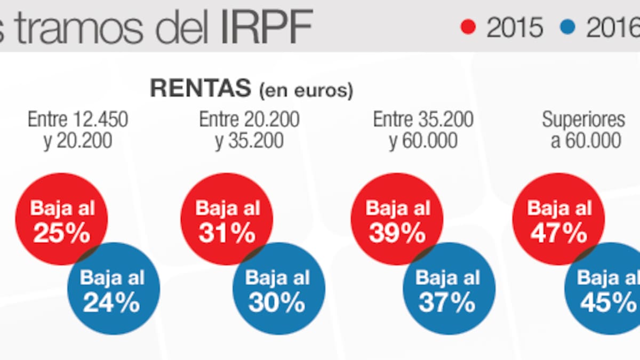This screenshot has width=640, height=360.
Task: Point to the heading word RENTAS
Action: point(201,89)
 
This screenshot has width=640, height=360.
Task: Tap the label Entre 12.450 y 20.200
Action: point(78,130)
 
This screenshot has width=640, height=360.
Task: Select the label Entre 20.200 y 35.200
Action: point(249,130)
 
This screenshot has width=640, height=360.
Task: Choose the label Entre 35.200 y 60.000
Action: point(423,130)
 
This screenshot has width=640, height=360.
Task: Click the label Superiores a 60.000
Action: point(583,130)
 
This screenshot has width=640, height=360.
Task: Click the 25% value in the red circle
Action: point(62,233)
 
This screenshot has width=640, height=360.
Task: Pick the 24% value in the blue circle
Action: point(111,303)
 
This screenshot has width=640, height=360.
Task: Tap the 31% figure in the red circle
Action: point(227,233)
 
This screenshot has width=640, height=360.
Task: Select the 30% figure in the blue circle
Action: point(277,303)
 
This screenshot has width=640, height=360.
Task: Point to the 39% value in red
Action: point(397,233)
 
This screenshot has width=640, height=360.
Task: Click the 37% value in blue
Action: point(447,303)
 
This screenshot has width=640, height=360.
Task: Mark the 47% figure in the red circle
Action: point(559,233)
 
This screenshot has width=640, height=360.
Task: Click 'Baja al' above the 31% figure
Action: point(228,208)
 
